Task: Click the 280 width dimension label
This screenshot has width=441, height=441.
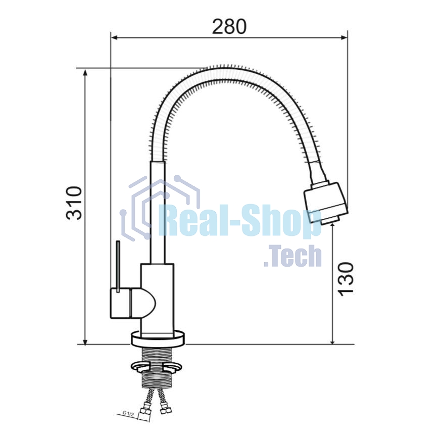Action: click(x=229, y=26)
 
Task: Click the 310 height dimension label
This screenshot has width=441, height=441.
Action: click(x=74, y=202)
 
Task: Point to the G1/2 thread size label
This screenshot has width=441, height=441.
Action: click(x=128, y=413)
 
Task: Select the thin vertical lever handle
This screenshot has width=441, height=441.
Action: click(x=118, y=266)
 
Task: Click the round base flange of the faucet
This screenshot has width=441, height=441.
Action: click(x=158, y=338)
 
